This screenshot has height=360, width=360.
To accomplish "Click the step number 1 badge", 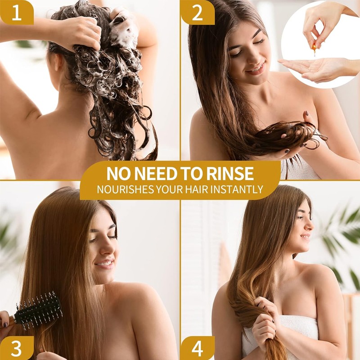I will (16, 12).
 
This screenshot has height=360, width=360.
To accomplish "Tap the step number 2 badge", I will (197, 12).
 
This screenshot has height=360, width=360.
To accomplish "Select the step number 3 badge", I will (16, 348).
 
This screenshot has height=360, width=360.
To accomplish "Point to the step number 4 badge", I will (197, 348).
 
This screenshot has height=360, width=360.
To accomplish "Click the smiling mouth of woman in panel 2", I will (256, 69).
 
